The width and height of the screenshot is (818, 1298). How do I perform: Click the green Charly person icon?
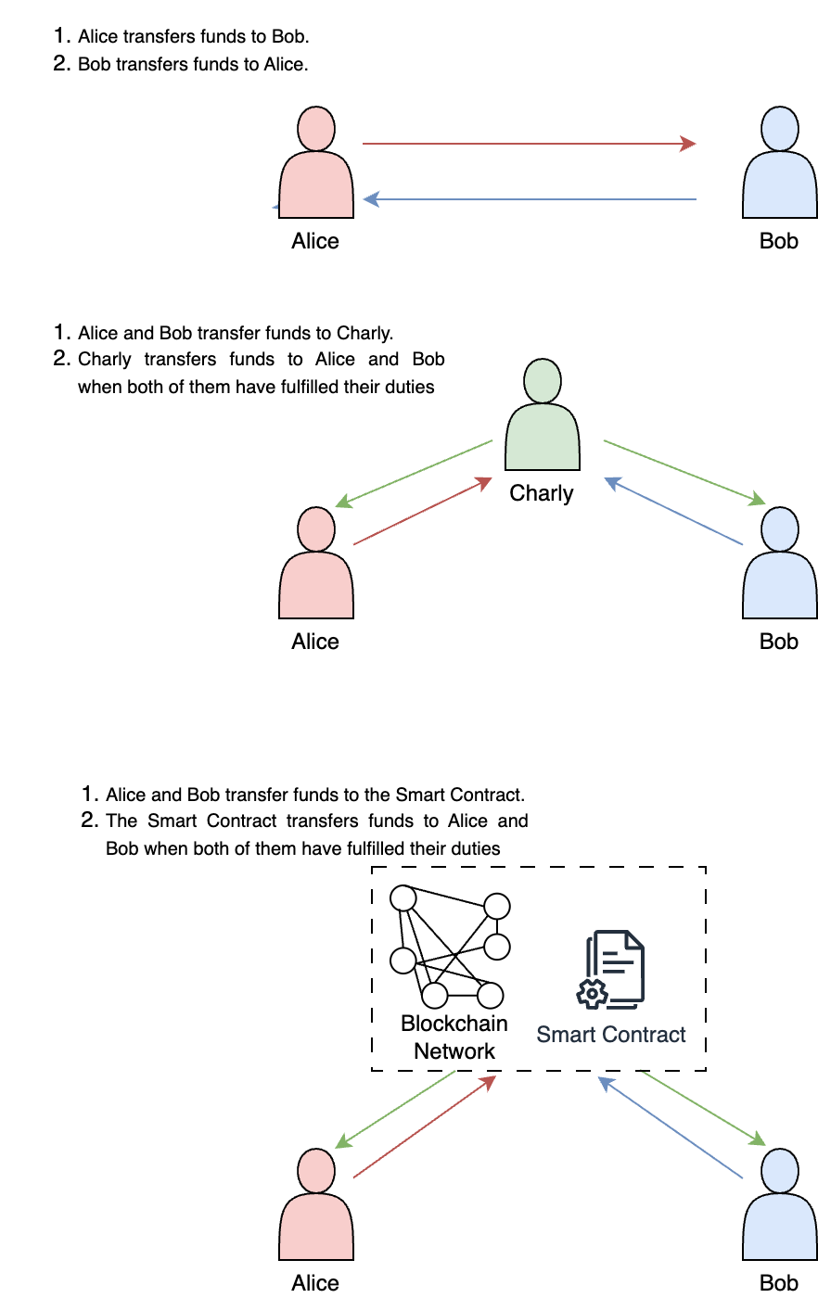point(543,416)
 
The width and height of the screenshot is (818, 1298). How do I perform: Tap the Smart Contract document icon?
point(613,969)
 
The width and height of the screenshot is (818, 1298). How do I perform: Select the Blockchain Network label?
point(454,1037)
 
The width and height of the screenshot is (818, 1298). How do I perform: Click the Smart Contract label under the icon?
point(611,1035)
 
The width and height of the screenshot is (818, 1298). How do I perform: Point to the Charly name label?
point(542,493)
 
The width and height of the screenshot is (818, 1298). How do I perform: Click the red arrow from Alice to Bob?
point(529,144)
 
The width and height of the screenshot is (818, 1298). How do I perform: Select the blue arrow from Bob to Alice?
point(529,199)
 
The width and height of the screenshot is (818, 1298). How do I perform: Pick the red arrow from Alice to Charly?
point(423,511)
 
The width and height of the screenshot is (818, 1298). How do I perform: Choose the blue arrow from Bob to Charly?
point(673,511)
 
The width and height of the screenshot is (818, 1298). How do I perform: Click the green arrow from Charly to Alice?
point(414,474)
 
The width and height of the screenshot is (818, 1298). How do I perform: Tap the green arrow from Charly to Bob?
point(684,473)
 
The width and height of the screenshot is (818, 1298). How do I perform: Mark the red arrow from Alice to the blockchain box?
point(425,1126)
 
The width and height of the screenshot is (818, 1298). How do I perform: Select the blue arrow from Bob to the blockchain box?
point(671,1127)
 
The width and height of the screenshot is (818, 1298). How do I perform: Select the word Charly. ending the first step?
point(365,333)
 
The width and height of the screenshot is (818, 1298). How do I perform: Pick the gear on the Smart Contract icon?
point(592,994)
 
